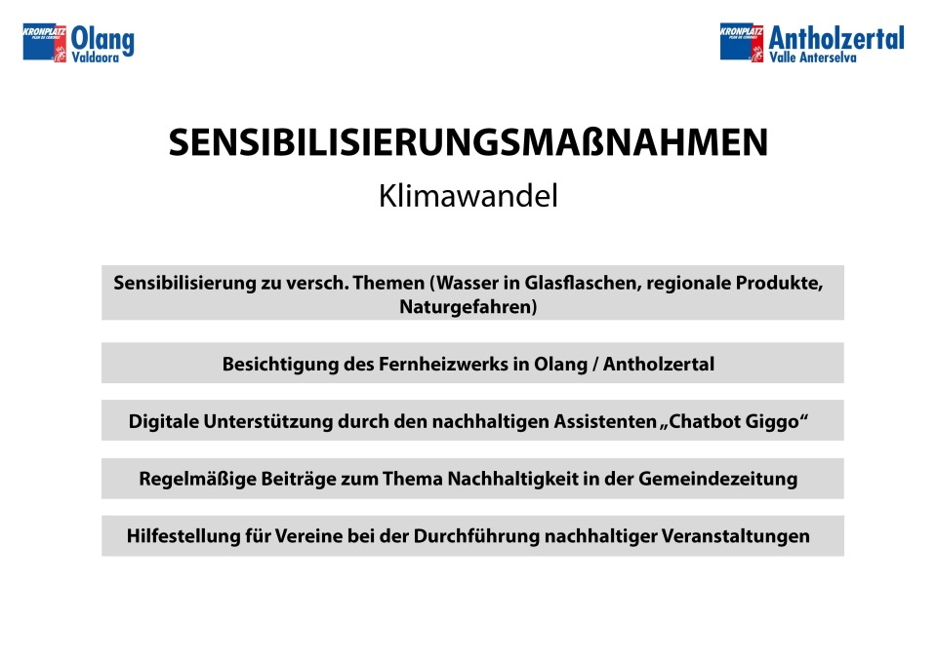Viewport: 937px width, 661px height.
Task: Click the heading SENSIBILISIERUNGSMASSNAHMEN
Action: tap(468, 142)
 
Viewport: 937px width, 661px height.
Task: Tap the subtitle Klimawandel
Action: tap(468, 196)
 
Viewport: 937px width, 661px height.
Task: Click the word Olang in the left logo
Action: tap(102, 40)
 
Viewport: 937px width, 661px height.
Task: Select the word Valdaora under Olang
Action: tap(96, 58)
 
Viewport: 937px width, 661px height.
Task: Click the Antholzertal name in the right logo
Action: tap(836, 38)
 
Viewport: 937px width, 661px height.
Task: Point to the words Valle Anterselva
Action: tap(813, 58)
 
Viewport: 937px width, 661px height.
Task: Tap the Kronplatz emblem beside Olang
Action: tap(45, 42)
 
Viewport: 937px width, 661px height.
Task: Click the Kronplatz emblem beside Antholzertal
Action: tap(742, 42)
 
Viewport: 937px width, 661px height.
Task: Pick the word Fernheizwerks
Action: tap(443, 364)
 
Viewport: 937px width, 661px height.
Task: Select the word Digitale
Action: tap(164, 421)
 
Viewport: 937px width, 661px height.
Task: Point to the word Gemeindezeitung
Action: tap(717, 479)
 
